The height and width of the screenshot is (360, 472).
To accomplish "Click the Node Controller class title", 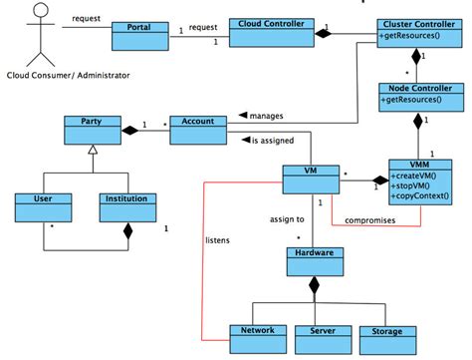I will tap(416, 89).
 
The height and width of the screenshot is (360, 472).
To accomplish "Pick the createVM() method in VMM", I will tap(417, 174).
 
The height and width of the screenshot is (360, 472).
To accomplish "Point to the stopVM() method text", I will tap(414, 183).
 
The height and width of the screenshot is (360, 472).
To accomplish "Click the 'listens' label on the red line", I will tap(217, 240).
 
